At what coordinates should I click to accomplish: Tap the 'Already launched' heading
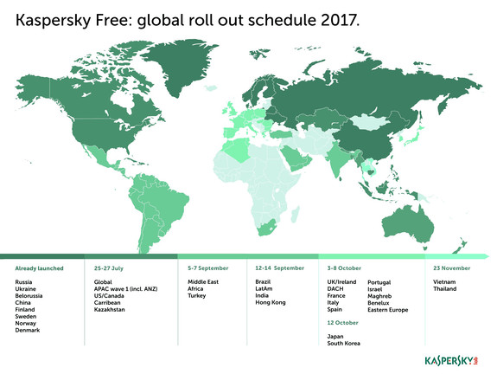point(39,268)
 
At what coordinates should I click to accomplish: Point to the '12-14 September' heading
point(280,268)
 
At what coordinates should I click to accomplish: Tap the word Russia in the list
point(24,282)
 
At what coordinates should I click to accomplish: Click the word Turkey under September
point(197,295)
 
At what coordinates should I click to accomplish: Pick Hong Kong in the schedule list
point(271,302)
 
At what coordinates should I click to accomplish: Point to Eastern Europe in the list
point(389,309)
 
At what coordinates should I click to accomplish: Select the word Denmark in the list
point(27,330)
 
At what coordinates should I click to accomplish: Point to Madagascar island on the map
point(294,209)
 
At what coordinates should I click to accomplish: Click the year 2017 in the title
point(338,18)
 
